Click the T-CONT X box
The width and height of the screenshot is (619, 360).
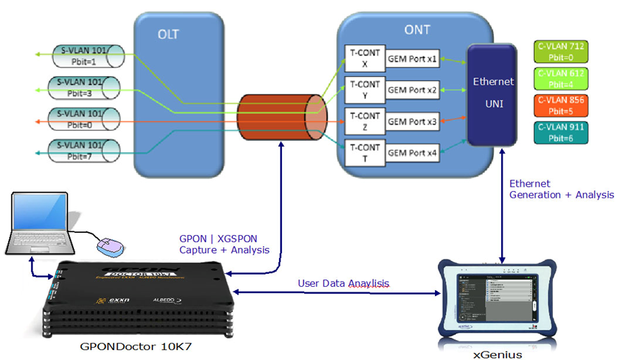(x=363, y=57)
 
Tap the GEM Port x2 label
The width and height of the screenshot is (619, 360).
(x=413, y=90)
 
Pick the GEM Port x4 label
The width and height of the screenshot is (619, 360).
(x=413, y=152)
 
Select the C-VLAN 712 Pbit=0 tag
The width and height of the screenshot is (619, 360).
(x=561, y=50)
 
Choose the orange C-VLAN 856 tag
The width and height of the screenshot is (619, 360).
(x=561, y=104)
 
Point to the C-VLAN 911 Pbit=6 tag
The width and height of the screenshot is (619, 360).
(x=561, y=131)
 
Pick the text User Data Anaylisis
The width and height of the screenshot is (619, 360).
(x=344, y=283)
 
